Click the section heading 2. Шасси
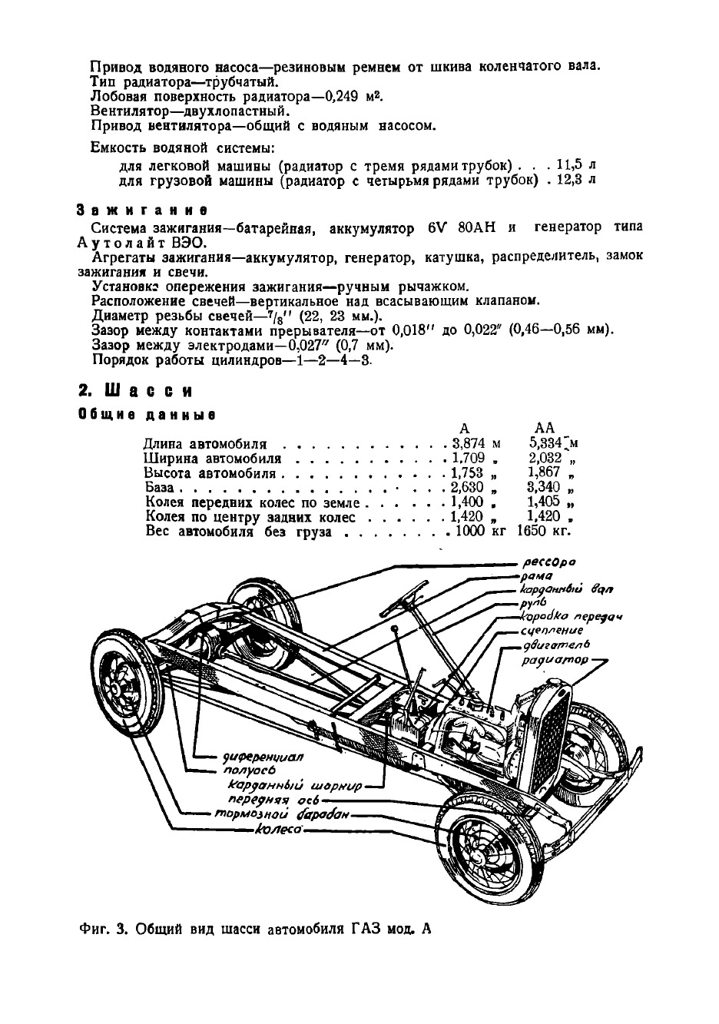[135, 390]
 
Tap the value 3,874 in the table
[470, 444]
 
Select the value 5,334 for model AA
[547, 443]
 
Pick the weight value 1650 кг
[545, 531]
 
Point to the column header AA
[544, 428]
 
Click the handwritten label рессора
[548, 562]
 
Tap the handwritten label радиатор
[555, 660]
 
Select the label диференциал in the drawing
[263, 756]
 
